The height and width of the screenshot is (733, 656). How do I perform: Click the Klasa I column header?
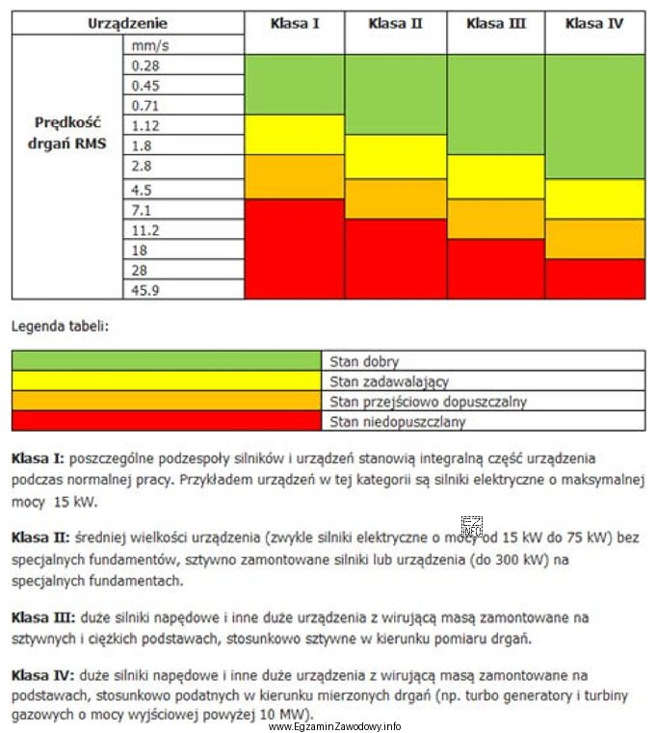click(295, 23)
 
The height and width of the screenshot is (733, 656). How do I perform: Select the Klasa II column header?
click(395, 23)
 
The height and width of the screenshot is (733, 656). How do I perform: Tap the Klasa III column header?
click(496, 23)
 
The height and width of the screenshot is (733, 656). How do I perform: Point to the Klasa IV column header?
click(594, 23)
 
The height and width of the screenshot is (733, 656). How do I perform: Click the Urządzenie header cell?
click(127, 23)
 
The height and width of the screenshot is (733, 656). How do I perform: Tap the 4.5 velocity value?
click(143, 190)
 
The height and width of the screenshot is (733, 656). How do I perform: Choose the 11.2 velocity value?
click(145, 230)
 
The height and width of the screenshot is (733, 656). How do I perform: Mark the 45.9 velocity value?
click(145, 290)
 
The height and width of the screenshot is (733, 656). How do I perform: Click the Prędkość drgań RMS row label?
click(67, 134)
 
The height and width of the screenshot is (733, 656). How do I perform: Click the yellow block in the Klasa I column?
click(294, 135)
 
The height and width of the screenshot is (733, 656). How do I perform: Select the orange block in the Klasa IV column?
click(594, 239)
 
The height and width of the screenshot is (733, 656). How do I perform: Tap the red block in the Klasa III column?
click(495, 269)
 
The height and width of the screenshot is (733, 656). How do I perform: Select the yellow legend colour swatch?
click(166, 381)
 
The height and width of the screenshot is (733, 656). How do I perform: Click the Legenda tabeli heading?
click(60, 326)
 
